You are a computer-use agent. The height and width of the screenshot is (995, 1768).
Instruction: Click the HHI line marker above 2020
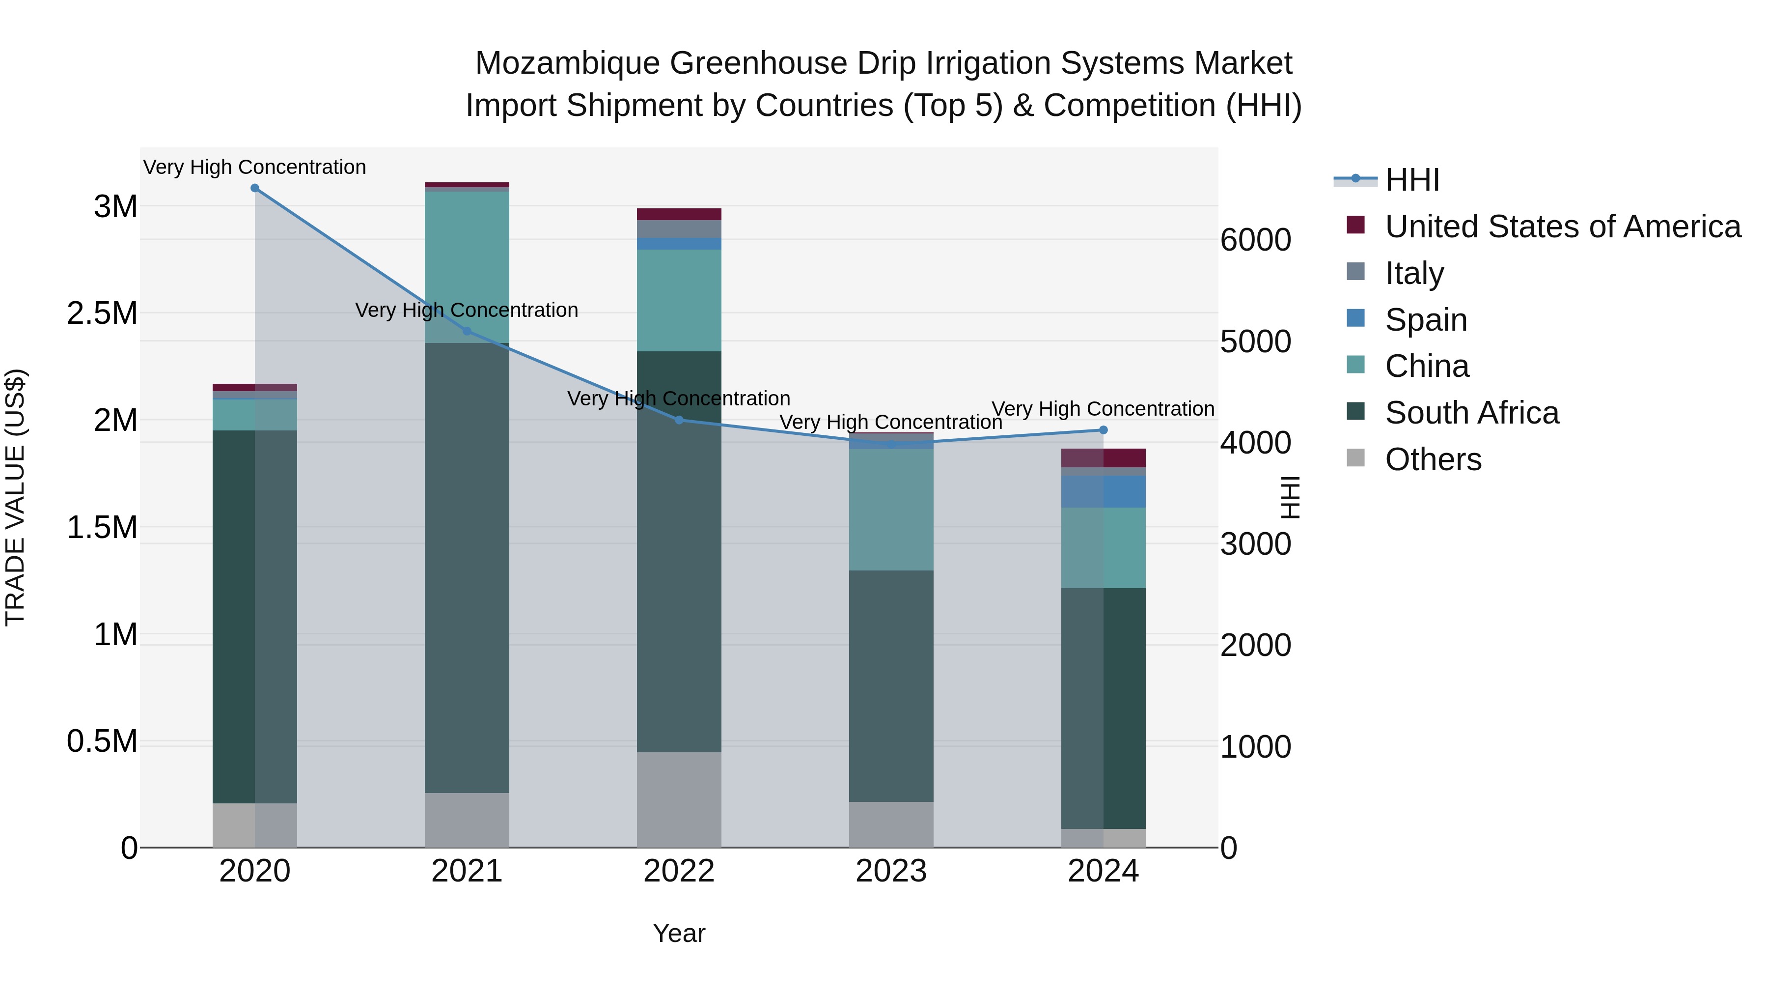click(254, 188)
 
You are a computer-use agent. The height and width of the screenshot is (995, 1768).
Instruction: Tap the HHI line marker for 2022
click(679, 420)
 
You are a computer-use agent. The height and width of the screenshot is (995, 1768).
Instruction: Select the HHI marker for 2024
click(1103, 430)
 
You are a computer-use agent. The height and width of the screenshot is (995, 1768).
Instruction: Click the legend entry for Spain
click(1426, 320)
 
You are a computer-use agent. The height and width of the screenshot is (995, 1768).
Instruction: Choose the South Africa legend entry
click(1471, 413)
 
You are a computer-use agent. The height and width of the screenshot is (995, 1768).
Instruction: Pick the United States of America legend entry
click(1562, 227)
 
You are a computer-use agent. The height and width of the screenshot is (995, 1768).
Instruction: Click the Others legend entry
click(1433, 459)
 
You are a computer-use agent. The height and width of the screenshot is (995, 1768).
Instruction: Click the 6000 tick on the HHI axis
click(1255, 240)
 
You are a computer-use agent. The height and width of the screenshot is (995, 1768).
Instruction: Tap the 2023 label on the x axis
click(891, 871)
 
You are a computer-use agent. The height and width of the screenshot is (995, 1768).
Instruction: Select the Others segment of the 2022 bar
click(679, 799)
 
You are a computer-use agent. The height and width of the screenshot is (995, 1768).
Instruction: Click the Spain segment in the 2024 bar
click(1103, 492)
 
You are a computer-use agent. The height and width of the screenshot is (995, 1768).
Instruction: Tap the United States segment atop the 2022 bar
click(679, 214)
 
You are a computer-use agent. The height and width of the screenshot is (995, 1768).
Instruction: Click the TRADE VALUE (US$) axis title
click(15, 497)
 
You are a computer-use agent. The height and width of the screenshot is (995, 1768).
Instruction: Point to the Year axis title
click(679, 933)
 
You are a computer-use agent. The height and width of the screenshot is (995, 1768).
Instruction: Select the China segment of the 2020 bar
click(254, 414)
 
